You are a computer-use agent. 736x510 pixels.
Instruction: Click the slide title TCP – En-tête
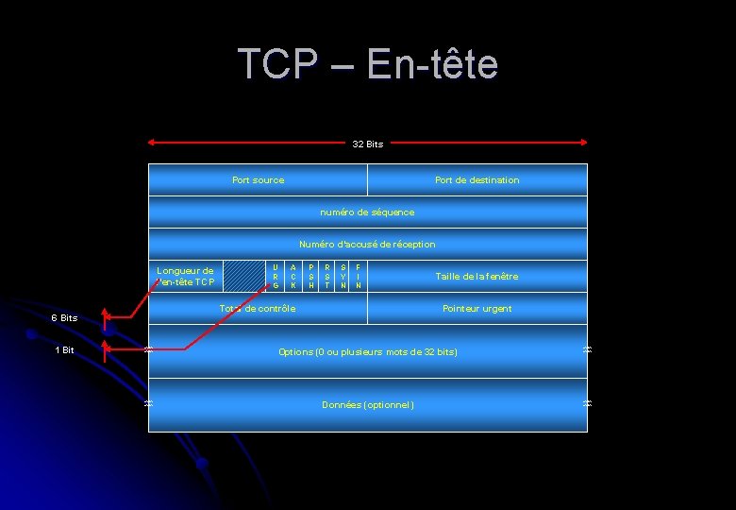[x=367, y=64]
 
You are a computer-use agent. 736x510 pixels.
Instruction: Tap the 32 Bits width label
[x=367, y=144]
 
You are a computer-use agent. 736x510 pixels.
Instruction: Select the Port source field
[x=258, y=179]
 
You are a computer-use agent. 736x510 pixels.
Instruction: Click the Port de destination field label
[x=477, y=179]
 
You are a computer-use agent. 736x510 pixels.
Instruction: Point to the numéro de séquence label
[x=367, y=212]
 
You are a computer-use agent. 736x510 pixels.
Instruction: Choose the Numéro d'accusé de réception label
[x=367, y=244]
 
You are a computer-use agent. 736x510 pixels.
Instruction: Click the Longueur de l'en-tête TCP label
[x=185, y=276]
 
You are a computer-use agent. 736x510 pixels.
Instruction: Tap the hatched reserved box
[x=249, y=275]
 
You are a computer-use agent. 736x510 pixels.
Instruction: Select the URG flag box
[x=276, y=276]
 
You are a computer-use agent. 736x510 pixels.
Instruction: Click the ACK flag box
[x=293, y=276]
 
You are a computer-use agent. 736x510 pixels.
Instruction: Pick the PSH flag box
[x=310, y=276]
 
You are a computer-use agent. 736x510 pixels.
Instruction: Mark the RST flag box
[x=326, y=276]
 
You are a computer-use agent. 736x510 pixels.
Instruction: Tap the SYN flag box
[x=343, y=276]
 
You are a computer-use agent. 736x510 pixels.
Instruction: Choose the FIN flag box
[x=359, y=276]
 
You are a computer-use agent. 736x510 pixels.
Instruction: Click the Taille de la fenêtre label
[x=477, y=276]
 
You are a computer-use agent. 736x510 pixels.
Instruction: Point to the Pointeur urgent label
[x=477, y=308]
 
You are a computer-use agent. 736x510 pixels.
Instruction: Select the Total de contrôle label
[x=258, y=308]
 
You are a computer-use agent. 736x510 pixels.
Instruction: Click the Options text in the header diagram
[x=367, y=351]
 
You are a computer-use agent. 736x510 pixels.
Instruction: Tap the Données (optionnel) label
[x=367, y=404]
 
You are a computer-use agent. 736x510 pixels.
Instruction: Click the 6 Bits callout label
[x=64, y=317]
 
